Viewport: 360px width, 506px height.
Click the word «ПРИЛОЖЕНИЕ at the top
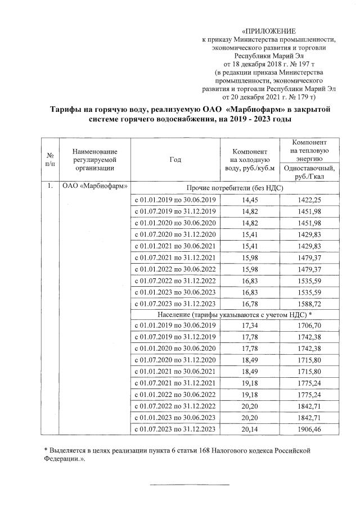268,30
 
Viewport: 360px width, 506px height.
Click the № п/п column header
51,159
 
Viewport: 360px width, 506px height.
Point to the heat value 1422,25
310,200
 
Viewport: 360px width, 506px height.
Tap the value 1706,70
310,326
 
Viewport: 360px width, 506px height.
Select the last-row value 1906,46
310,430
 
